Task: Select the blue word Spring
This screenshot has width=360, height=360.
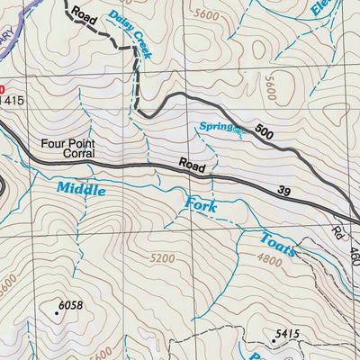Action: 215,127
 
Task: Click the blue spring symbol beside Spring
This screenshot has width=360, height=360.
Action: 238,131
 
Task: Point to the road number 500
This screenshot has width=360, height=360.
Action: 264,133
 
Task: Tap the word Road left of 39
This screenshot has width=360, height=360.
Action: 192,166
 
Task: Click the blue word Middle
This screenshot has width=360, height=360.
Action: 81,189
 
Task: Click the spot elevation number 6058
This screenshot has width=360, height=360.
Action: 69,306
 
